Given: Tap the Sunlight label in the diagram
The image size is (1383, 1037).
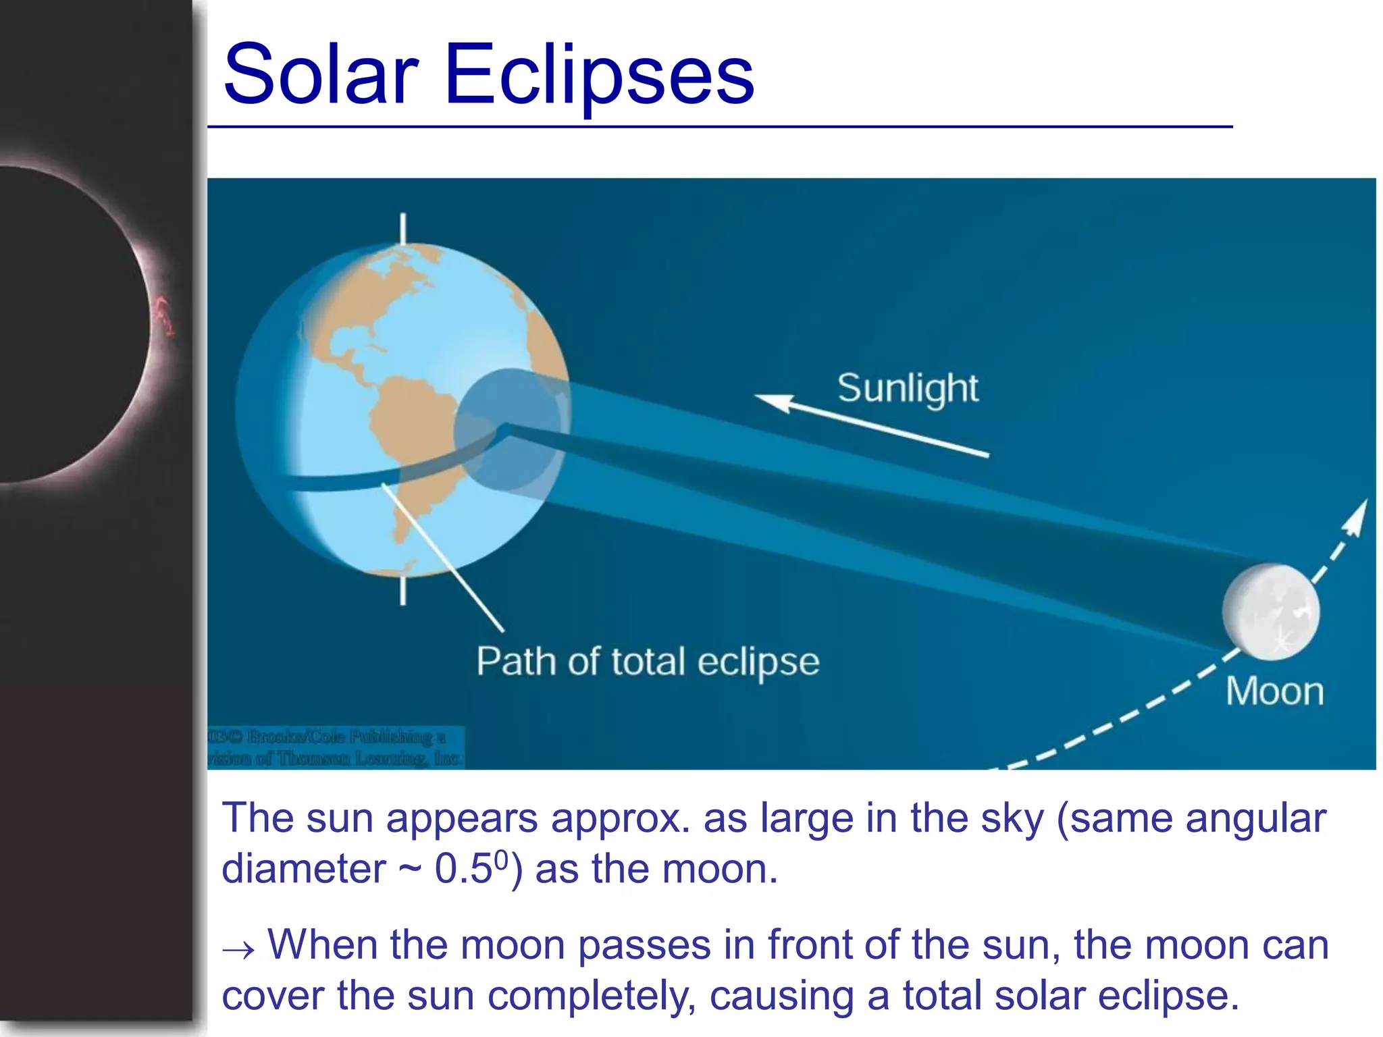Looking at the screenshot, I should click(x=907, y=388).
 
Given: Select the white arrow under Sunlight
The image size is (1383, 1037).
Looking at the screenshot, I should click(x=871, y=426).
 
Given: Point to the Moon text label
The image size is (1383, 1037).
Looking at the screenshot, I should click(x=1274, y=691).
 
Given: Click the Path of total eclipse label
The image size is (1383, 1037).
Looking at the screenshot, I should click(x=648, y=661).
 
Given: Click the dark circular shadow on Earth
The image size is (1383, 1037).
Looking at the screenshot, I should click(x=508, y=430).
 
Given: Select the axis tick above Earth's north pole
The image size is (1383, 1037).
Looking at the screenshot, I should click(x=403, y=229).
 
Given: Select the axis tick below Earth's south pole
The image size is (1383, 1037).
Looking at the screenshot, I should click(x=403, y=591).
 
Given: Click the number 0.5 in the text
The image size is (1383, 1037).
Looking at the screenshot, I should click(x=463, y=869).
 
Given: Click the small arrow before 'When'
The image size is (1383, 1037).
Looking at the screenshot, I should click(x=238, y=950).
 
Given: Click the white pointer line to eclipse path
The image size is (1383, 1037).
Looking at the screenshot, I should click(x=442, y=557).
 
